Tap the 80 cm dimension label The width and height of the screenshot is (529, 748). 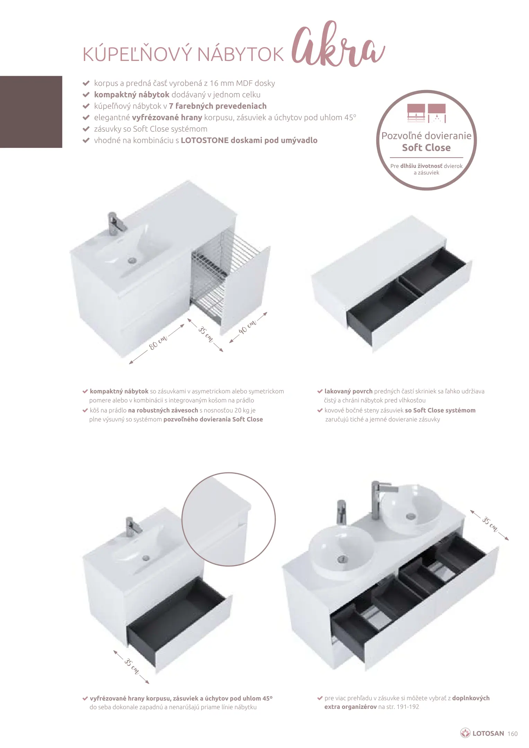point(158,342)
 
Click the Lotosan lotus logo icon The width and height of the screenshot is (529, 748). point(465,733)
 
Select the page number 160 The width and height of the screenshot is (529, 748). point(512,734)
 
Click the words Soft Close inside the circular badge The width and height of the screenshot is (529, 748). point(426,148)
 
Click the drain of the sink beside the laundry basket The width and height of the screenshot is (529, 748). point(132,260)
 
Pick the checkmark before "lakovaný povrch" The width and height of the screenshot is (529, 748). point(320,391)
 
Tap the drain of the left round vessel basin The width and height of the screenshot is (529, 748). point(342,559)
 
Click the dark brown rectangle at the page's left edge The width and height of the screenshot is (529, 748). point(31,112)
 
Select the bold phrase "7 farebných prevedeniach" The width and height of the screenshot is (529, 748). point(218,106)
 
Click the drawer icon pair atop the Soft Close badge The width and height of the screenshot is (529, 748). point(426,113)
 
